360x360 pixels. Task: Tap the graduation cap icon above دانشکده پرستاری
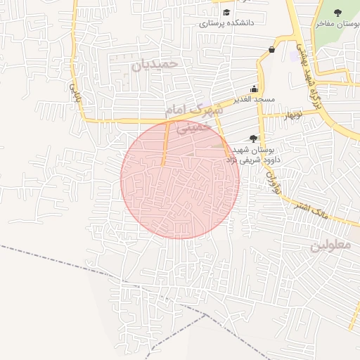226,12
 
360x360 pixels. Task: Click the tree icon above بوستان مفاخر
337,13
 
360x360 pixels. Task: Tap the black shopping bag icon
271,49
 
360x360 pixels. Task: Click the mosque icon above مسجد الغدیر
254,89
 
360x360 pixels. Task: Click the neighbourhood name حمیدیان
155,63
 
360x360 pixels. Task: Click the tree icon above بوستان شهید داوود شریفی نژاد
253,138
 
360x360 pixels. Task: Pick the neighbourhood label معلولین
330,246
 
